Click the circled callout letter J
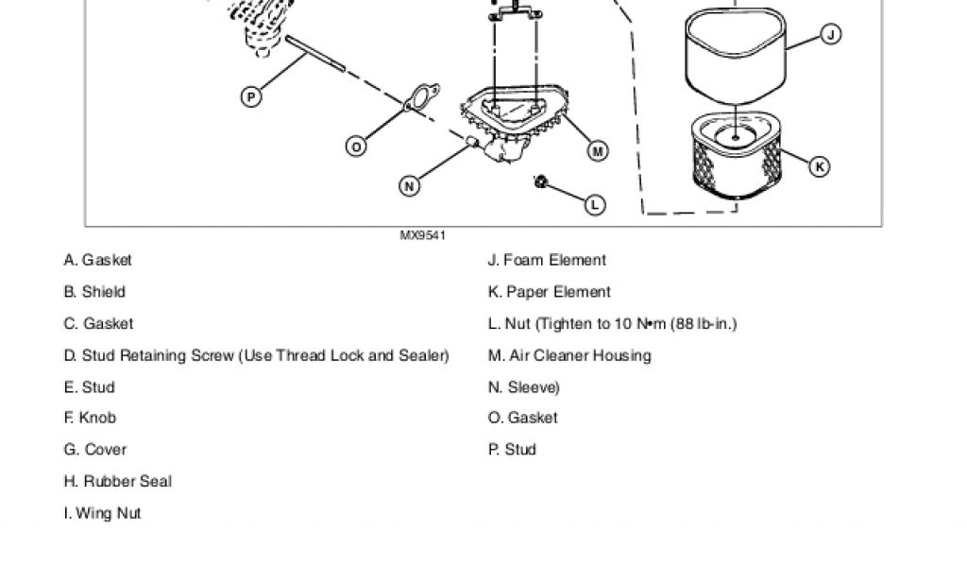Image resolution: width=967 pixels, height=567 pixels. point(831,35)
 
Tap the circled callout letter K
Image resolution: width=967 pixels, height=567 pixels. point(820,166)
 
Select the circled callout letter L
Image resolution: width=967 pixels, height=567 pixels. point(595,203)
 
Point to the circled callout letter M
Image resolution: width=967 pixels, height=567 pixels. point(597,150)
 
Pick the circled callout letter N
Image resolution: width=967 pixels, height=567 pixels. point(409,186)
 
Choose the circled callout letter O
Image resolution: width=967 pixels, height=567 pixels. point(356,146)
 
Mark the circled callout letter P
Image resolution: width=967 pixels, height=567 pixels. point(251,95)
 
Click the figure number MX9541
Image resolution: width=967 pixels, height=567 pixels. point(422,235)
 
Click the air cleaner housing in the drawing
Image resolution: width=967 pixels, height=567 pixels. point(515,132)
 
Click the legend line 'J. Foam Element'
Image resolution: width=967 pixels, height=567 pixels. point(547,260)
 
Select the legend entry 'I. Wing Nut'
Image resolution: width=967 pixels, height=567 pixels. point(102,513)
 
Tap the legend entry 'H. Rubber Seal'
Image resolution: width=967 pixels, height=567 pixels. point(118,481)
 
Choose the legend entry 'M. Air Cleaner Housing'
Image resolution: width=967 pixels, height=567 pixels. point(569,355)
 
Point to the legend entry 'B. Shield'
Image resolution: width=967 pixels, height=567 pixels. point(94,292)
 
